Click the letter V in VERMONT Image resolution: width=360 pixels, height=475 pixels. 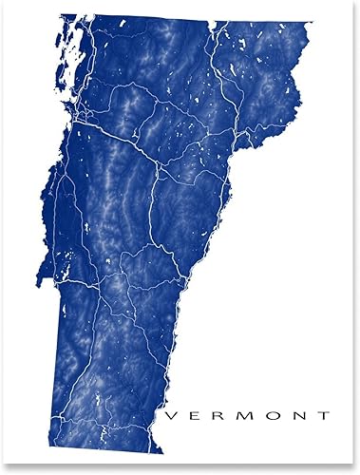[x=171, y=415]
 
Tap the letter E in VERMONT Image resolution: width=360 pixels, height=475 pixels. [x=195, y=415]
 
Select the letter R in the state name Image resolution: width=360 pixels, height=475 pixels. [x=218, y=415]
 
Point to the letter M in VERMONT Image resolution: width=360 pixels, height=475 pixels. [x=244, y=415]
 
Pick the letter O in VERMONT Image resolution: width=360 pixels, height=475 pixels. [x=272, y=415]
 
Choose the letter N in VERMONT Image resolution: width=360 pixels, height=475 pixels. [x=298, y=415]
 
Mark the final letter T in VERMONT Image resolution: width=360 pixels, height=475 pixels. [x=323, y=415]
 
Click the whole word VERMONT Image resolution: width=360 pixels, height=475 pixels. [x=247, y=415]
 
